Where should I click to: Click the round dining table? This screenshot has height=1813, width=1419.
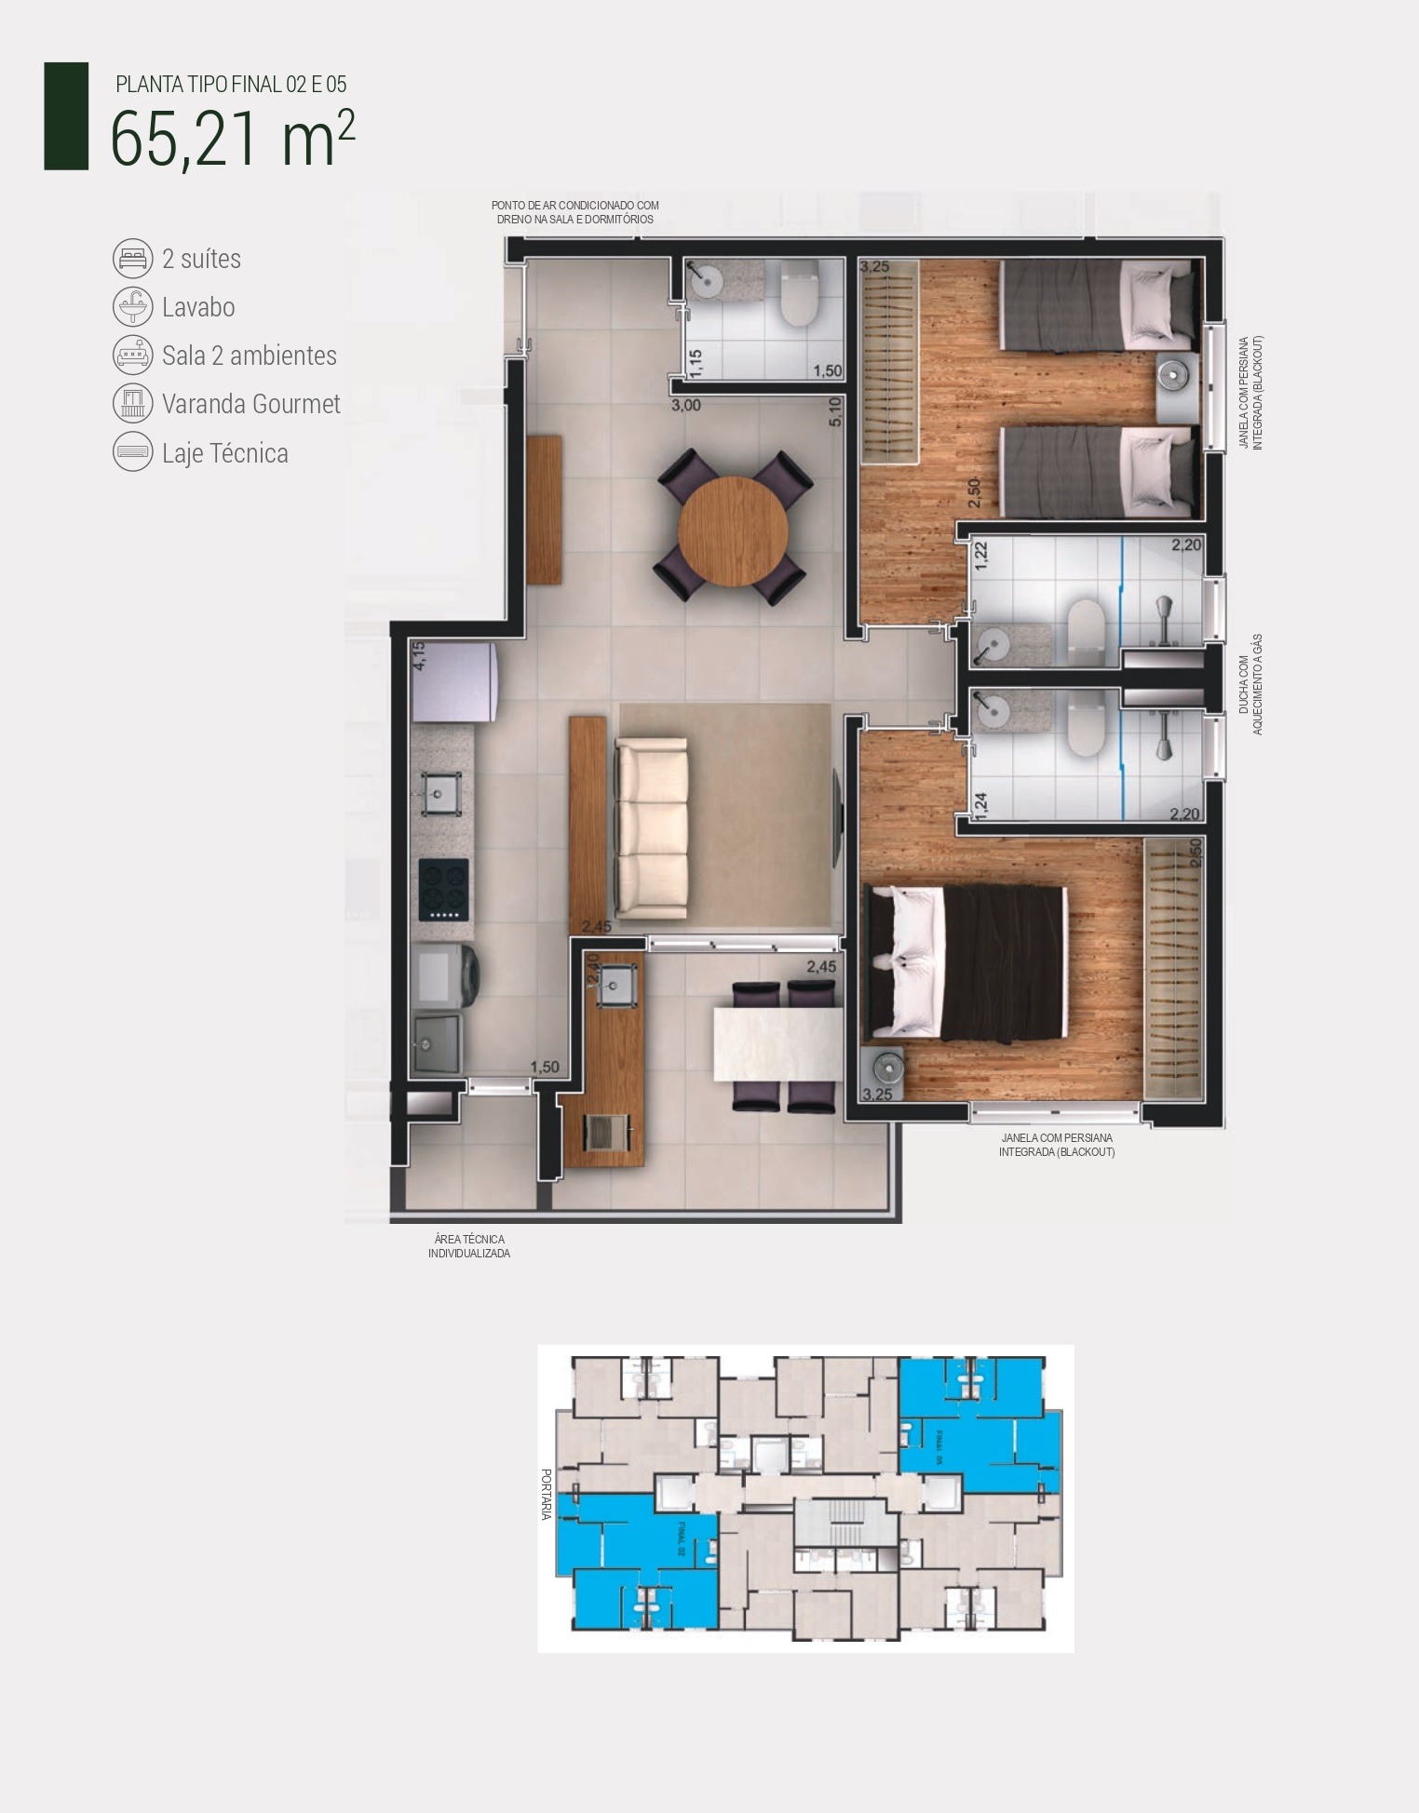(x=733, y=531)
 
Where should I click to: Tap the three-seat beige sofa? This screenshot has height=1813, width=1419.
(x=651, y=826)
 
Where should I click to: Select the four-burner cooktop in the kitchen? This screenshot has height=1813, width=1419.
(x=443, y=890)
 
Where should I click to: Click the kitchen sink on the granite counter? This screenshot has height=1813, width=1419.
(x=442, y=794)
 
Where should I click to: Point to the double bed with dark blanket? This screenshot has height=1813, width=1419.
(x=968, y=961)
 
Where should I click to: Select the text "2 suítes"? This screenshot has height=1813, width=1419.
(x=201, y=259)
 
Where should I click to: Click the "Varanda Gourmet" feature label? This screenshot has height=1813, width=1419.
(x=250, y=404)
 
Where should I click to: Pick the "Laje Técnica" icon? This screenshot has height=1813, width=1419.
(x=132, y=452)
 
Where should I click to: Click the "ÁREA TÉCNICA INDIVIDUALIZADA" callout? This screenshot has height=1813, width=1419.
(x=469, y=1246)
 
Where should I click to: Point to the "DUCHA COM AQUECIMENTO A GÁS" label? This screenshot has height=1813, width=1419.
(x=1250, y=685)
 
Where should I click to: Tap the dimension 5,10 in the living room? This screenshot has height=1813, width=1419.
(x=835, y=412)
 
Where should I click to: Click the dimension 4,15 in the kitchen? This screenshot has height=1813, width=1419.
(x=419, y=655)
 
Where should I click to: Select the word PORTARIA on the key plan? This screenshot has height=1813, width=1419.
(x=547, y=1495)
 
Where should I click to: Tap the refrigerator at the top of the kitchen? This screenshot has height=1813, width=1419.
(x=453, y=681)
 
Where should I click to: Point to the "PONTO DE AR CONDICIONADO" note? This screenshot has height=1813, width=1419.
(x=575, y=212)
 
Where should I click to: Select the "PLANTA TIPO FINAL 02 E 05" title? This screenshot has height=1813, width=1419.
(x=231, y=85)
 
